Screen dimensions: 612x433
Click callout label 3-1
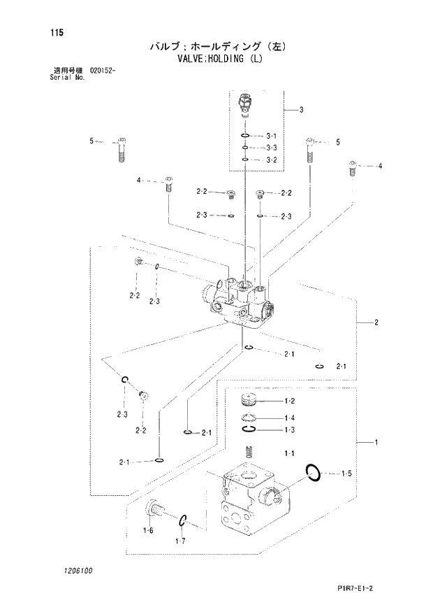[272, 136]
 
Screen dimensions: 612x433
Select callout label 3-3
[272, 148]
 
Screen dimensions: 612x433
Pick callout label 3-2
[272, 160]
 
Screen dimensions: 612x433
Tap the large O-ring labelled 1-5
[314, 472]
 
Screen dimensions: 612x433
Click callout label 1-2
[289, 401]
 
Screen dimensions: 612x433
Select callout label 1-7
[180, 541]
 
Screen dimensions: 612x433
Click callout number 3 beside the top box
[300, 109]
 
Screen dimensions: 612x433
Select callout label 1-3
[289, 429]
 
